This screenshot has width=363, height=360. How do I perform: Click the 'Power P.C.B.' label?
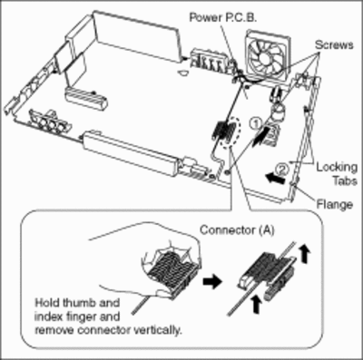(223, 17)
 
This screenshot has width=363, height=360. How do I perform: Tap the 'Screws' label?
(334, 45)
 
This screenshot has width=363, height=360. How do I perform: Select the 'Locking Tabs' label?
(337, 174)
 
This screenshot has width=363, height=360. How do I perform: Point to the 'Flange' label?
(335, 205)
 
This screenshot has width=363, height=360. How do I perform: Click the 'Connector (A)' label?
(237, 230)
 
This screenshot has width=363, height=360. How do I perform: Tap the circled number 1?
(255, 123)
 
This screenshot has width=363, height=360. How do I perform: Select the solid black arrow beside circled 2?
(274, 179)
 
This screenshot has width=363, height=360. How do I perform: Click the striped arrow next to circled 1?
(260, 136)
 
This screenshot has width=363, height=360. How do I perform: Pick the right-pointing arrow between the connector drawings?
(212, 282)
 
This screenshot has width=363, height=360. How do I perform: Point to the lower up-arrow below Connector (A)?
(257, 305)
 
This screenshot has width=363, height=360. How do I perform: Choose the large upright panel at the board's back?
(135, 37)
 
